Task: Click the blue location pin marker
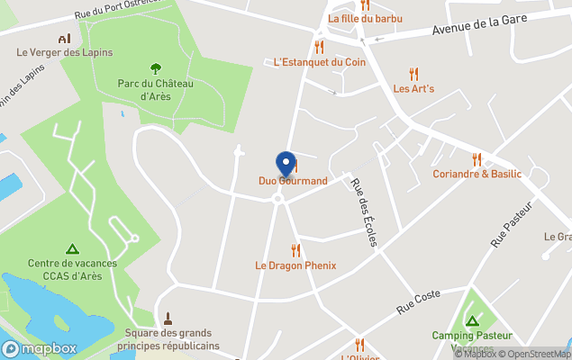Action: [286, 164]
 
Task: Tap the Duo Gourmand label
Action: [293, 181]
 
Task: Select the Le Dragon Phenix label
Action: [295, 265]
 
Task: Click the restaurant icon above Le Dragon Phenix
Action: [295, 250]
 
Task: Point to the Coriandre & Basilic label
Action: [477, 174]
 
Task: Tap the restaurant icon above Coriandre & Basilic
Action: [477, 158]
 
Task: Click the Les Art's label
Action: [413, 89]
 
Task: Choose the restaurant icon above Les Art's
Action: [413, 74]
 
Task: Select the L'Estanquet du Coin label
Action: [320, 62]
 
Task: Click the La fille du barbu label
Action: [365, 18]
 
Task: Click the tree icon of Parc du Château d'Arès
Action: [156, 67]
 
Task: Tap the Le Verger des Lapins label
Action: [65, 52]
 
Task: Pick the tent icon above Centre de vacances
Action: [72, 248]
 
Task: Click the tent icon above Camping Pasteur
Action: [470, 320]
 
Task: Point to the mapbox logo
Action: [40, 348]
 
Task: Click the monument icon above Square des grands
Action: [168, 319]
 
